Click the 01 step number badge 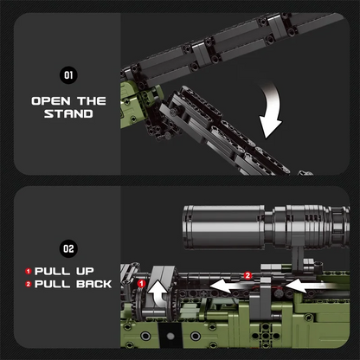coord(69,75)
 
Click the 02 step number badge coord(69,249)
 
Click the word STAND coord(69,113)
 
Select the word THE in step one coord(92,100)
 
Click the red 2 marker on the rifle coord(247,275)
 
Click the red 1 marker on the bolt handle coord(141,283)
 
